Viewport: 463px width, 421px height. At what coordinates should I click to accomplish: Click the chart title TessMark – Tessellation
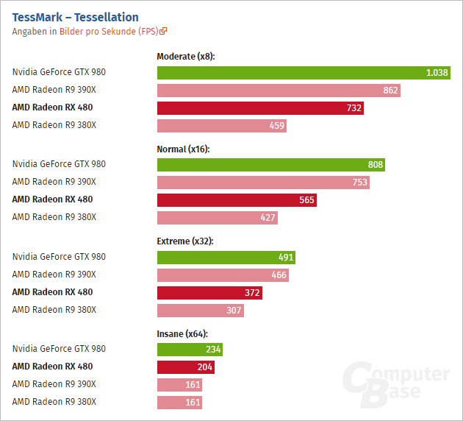coord(75,17)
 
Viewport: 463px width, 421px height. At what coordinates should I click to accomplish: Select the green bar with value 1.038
coord(303,72)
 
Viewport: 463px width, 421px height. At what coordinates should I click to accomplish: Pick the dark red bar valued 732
coord(260,107)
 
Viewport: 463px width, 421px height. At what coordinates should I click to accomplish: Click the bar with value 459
coord(221,125)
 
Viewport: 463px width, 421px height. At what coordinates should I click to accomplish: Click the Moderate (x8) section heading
coord(185,56)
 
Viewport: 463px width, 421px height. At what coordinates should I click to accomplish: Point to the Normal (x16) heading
coord(183,149)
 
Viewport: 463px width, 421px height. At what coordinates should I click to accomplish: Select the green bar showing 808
coord(270,165)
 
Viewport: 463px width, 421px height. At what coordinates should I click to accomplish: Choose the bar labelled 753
coord(263,183)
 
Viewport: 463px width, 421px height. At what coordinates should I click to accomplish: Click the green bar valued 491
coord(226,258)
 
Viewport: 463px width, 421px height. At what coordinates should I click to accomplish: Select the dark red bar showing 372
coord(209,293)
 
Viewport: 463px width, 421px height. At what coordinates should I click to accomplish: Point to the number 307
coord(234,311)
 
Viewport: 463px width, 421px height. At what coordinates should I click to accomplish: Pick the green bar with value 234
coord(190,350)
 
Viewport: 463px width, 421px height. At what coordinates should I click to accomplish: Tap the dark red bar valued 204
coord(185,367)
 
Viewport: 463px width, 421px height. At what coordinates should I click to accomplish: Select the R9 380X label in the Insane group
coord(54,402)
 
